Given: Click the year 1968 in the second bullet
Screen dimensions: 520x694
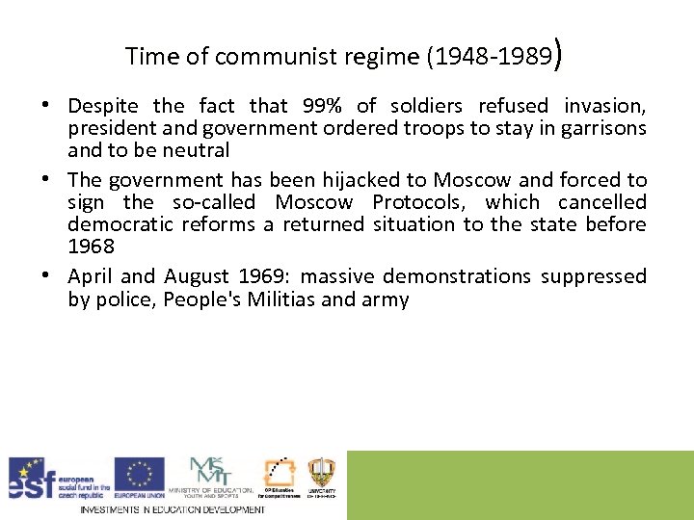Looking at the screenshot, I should [92, 247].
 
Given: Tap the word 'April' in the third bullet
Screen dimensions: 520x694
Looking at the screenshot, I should [92, 276].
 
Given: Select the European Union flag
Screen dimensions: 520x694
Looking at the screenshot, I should [140, 474].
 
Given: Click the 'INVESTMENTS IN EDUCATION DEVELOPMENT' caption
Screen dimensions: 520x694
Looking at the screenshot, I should [172, 509].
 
